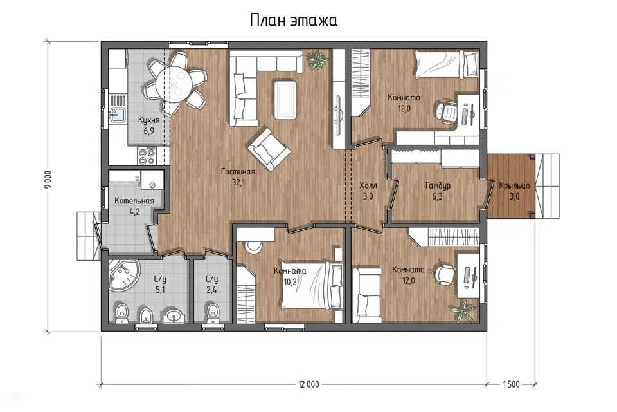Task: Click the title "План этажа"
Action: click(x=294, y=21)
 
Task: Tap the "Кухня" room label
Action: click(x=148, y=120)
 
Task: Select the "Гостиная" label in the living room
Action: click(x=238, y=171)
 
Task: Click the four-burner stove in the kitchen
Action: click(x=147, y=155)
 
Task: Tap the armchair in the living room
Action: click(x=269, y=150)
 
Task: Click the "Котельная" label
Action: click(x=134, y=201)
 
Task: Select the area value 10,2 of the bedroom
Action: click(x=290, y=282)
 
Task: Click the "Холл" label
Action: click(x=368, y=185)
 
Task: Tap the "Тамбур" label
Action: click(x=437, y=185)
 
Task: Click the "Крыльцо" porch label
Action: click(x=514, y=185)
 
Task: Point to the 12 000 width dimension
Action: click(x=308, y=384)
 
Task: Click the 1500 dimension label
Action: click(x=511, y=384)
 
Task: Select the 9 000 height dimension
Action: click(x=48, y=180)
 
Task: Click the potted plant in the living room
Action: click(x=317, y=61)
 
